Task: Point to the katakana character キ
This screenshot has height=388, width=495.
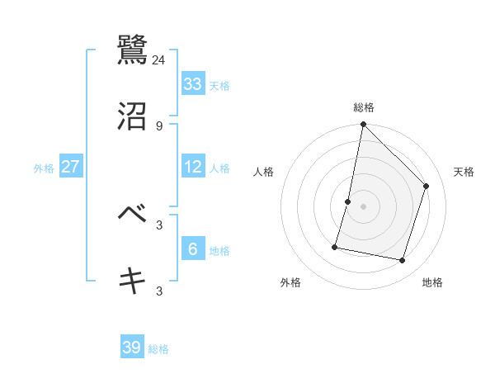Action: click(x=133, y=281)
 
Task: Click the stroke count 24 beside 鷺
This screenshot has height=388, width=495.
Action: click(x=159, y=59)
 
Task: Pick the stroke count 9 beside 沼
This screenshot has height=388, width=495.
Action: click(x=159, y=125)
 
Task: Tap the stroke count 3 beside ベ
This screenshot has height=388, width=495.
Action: click(x=159, y=225)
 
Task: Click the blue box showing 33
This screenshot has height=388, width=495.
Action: click(x=193, y=83)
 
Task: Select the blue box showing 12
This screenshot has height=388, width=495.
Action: click(x=193, y=166)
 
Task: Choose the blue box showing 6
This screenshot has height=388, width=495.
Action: click(x=193, y=248)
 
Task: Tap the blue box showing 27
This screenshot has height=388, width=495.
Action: click(x=71, y=166)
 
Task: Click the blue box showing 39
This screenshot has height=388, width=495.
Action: click(x=132, y=348)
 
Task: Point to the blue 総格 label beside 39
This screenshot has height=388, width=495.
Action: click(x=158, y=349)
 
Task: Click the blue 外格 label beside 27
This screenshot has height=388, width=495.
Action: click(x=44, y=168)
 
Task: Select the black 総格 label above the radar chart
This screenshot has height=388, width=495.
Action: click(x=364, y=107)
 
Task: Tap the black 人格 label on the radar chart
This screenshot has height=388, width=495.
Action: click(x=264, y=172)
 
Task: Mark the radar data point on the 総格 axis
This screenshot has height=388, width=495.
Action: click(x=363, y=125)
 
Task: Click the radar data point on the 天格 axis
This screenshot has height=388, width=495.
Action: click(x=427, y=186)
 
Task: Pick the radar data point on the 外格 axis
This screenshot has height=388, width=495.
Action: click(x=336, y=246)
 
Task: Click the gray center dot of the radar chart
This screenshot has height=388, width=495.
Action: click(x=363, y=206)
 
